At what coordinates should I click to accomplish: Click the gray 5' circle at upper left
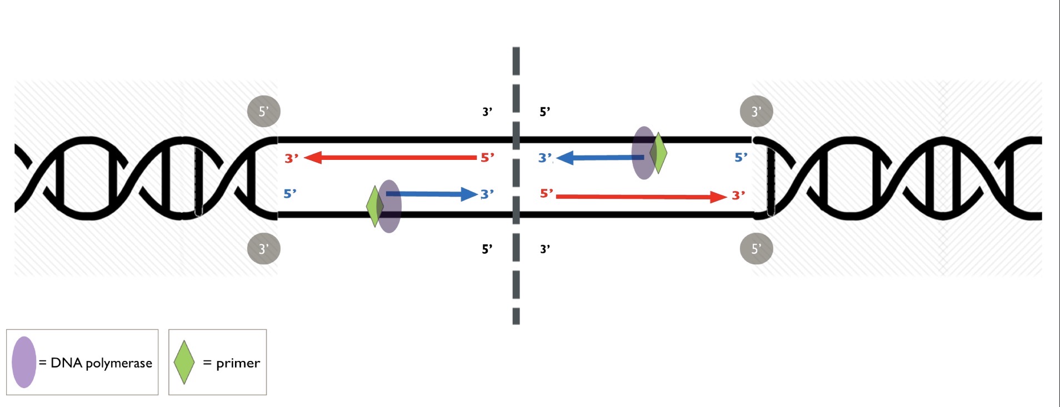263,111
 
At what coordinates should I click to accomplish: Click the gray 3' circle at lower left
263,248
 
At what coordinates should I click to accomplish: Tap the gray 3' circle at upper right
756,111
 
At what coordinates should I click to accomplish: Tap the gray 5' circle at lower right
756,248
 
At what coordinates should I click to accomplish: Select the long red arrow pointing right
639,197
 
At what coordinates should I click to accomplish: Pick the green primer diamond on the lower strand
373,207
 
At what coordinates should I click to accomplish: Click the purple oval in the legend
24,362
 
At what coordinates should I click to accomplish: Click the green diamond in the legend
184,362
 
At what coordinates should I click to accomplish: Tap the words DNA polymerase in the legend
101,363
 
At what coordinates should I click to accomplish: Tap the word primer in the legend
238,363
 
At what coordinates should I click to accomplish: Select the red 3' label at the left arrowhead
291,158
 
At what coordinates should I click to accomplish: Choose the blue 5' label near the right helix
741,158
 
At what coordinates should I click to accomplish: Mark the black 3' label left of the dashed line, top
487,112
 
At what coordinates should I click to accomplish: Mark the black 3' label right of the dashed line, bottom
545,249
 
